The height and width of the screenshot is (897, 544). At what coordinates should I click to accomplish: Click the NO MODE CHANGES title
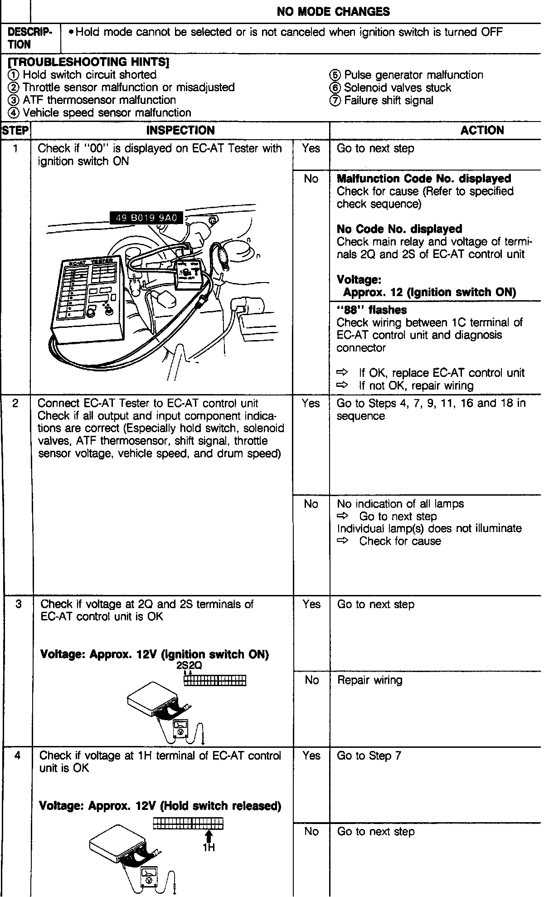click(333, 11)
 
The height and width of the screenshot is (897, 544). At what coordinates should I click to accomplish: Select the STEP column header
click(15, 131)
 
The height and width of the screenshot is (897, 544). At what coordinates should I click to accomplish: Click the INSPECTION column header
click(180, 131)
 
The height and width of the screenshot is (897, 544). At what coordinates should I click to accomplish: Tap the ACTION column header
click(482, 131)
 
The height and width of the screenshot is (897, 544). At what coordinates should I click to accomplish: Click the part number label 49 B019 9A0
click(146, 218)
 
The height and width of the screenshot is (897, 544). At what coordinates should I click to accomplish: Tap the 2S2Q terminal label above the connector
click(189, 666)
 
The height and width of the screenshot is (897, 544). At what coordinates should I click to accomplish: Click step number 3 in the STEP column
click(18, 604)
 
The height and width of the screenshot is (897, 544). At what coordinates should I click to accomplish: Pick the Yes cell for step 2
click(311, 403)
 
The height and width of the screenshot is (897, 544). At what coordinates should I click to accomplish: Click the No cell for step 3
click(311, 680)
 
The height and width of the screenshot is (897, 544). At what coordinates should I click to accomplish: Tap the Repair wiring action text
click(369, 680)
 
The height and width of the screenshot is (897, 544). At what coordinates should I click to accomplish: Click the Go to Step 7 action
click(369, 756)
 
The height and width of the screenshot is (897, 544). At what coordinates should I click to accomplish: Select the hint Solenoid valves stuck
click(391, 88)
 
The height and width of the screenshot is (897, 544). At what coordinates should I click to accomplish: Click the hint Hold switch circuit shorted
click(83, 75)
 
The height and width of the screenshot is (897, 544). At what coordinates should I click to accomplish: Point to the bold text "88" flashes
click(371, 310)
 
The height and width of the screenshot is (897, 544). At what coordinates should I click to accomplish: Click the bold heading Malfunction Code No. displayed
click(424, 179)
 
